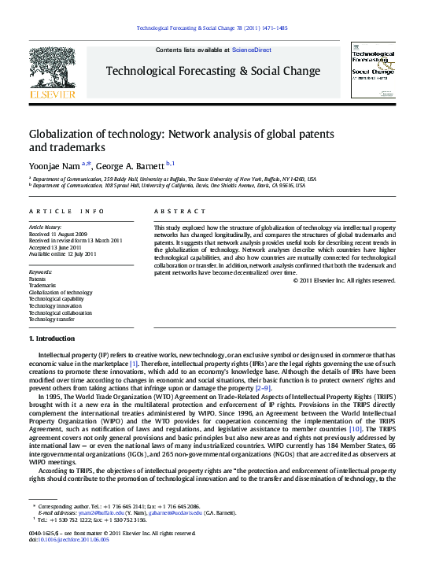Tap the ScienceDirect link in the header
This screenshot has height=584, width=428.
pos(251,50)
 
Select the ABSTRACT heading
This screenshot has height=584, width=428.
pos(174,212)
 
